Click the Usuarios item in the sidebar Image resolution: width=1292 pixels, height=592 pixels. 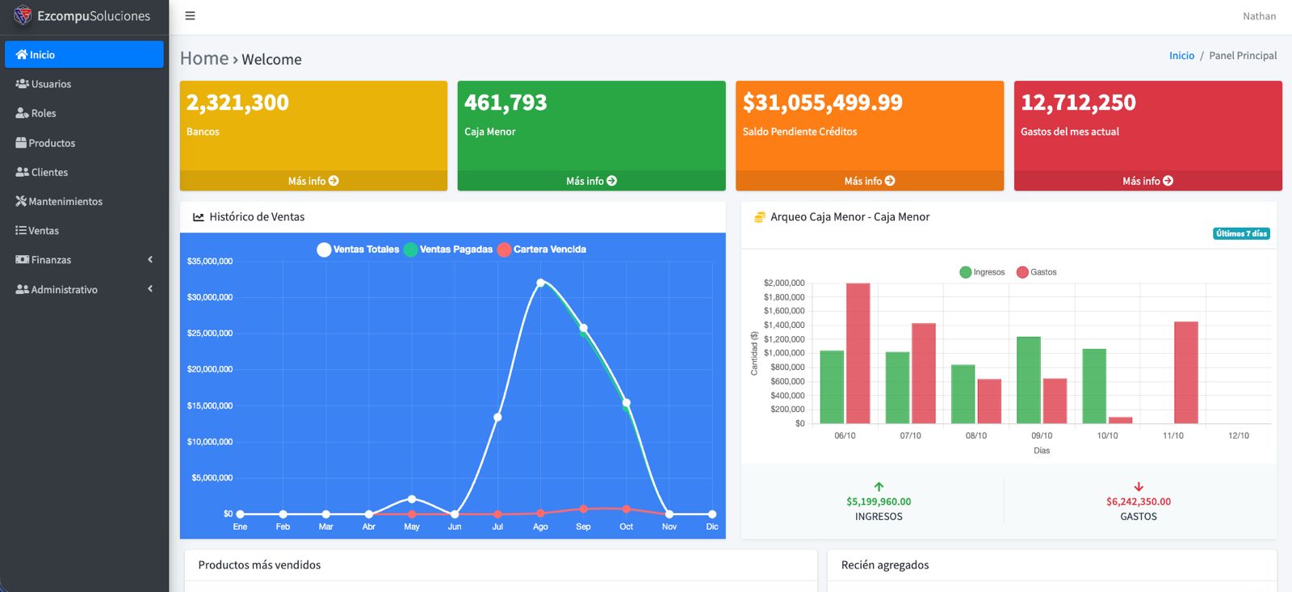50,84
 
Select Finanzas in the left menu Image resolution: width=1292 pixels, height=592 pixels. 50,259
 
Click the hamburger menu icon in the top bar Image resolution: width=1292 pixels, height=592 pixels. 190,16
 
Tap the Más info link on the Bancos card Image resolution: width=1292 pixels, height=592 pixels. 313,181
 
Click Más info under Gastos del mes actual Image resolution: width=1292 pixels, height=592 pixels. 1147,181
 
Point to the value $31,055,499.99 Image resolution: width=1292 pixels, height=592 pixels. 822,103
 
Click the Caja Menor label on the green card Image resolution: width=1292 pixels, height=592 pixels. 489,132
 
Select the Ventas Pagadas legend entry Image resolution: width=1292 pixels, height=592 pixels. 455,250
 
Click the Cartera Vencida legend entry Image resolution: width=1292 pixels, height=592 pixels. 549,250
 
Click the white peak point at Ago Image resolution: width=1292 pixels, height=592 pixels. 540,283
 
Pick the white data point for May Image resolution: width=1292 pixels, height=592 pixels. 412,499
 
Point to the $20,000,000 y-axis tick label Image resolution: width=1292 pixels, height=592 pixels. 210,369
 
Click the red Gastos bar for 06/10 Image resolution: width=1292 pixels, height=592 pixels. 858,353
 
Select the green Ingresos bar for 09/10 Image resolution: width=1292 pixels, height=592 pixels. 1028,380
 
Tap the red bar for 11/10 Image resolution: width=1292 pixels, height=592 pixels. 1185,372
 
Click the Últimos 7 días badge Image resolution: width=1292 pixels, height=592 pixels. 1241,233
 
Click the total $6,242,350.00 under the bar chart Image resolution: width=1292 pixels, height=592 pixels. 1138,502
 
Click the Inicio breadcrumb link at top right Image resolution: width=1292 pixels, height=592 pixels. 1181,56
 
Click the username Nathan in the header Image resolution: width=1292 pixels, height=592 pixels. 1259,16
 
